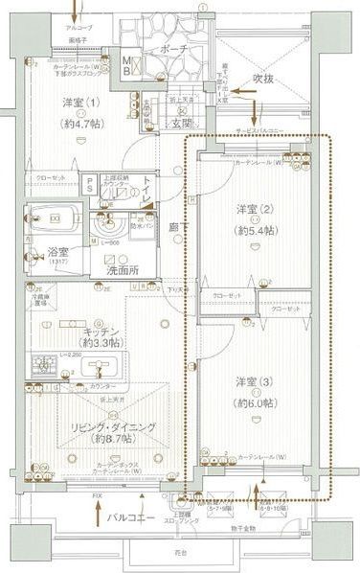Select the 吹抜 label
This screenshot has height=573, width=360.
(265, 77)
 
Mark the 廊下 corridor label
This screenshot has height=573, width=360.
(174, 228)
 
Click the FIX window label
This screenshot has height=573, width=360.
(96, 495)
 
